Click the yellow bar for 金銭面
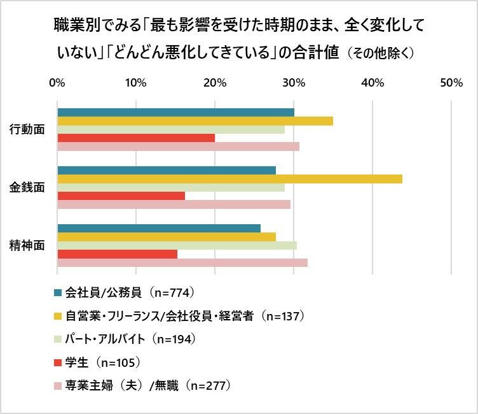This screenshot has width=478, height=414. (x=229, y=179)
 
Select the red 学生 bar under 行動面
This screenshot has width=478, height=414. (x=136, y=138)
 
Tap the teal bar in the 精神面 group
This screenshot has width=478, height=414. (x=159, y=229)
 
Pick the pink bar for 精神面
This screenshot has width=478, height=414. (x=182, y=262)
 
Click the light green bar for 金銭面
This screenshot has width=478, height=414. (x=171, y=188)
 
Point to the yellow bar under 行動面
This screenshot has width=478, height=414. (x=195, y=121)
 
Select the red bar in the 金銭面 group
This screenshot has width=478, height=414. (x=121, y=196)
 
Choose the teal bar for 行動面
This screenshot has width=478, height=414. (x=175, y=113)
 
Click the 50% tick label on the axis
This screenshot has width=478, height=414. (x=450, y=83)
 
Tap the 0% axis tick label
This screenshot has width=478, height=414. (x=57, y=83)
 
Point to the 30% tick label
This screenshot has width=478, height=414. (x=293, y=83)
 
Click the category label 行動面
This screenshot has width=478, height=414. (x=27, y=129)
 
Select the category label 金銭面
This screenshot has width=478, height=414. (x=27, y=188)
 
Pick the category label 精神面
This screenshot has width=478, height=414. (x=27, y=246)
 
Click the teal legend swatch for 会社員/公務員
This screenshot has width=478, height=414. (x=58, y=293)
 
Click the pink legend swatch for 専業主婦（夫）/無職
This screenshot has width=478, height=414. (x=58, y=386)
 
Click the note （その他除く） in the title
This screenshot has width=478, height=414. (x=381, y=54)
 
